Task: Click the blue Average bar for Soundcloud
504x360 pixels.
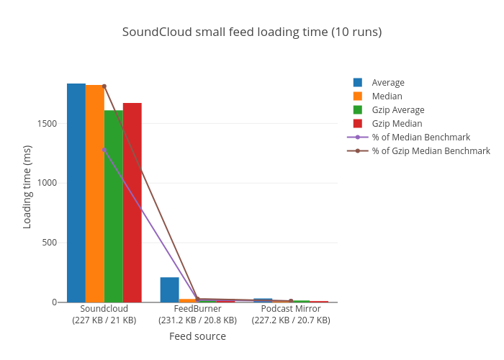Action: [x=76, y=193]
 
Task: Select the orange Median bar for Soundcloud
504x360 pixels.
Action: [x=95, y=194]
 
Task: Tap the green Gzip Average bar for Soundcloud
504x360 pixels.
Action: [x=114, y=206]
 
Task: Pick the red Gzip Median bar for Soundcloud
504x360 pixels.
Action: [x=132, y=202]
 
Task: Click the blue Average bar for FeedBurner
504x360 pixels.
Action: [x=169, y=289]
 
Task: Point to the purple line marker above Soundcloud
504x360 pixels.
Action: [x=104, y=150]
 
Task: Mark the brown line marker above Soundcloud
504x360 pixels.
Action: [x=104, y=86]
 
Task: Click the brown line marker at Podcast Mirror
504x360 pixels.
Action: [x=291, y=300]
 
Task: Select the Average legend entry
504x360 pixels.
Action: [x=387, y=83]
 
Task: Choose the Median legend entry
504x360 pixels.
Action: [x=387, y=96]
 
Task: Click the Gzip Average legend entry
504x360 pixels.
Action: [x=397, y=110]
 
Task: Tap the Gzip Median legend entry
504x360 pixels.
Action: [x=397, y=124]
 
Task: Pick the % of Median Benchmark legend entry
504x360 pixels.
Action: [x=420, y=138]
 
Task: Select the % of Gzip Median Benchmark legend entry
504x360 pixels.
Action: [x=431, y=151]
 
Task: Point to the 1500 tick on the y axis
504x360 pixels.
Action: [x=47, y=124]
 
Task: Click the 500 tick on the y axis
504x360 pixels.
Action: [x=50, y=243]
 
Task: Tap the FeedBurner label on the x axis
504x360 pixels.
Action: [x=197, y=309]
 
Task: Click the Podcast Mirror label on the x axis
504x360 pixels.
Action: [x=291, y=309]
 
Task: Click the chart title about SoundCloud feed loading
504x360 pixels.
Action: [x=252, y=32]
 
